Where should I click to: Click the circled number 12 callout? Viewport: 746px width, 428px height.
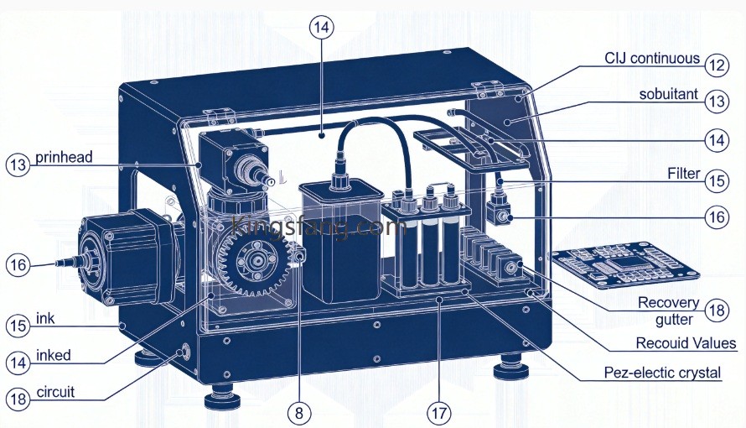coord(717,65)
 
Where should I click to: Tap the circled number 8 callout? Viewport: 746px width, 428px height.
coord(299,412)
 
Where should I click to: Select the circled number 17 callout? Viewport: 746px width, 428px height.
coord(438,413)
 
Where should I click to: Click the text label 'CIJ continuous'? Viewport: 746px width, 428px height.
coord(652,58)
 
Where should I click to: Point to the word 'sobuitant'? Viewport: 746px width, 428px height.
coord(668,94)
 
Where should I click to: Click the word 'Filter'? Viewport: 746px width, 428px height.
coord(684,173)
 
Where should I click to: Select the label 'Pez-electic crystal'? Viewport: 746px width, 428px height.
coord(662,373)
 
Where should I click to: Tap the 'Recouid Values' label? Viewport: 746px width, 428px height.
coord(686,342)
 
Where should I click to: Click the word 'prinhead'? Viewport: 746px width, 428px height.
coord(64,158)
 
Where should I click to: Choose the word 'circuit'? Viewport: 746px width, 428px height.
coord(55,392)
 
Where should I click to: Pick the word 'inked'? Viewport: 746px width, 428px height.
coord(54,355)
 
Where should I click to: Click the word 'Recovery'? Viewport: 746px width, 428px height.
coord(668,302)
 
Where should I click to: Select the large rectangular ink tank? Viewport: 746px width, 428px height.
coord(339,242)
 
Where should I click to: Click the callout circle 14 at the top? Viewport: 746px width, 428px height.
coord(322,27)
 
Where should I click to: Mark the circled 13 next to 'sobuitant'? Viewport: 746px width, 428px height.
coord(717,101)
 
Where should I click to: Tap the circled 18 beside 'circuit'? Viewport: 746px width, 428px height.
coord(18,398)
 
